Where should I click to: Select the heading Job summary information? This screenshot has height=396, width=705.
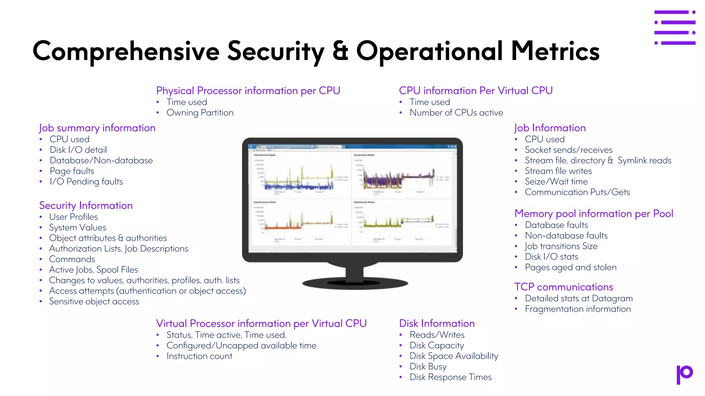click(x=97, y=128)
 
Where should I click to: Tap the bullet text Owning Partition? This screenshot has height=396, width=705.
click(x=200, y=113)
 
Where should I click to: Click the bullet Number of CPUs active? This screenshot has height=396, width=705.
click(x=456, y=113)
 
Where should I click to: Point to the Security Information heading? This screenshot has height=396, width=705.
click(x=86, y=206)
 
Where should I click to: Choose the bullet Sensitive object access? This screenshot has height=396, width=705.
click(x=94, y=301)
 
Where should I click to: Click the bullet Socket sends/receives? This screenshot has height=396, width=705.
click(x=568, y=150)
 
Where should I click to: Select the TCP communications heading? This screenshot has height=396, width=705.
click(x=564, y=287)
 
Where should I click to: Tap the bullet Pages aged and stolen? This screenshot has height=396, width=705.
click(x=570, y=267)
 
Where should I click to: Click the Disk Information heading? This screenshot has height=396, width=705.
click(x=437, y=323)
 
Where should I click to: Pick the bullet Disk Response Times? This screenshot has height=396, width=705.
click(x=450, y=377)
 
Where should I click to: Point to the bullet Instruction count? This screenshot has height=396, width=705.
click(x=199, y=356)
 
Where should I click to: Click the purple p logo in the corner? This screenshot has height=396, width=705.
click(x=684, y=374)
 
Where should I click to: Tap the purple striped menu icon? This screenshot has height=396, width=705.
click(x=675, y=27)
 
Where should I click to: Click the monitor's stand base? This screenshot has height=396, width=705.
click(x=355, y=283)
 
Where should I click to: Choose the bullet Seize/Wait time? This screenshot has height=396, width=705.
click(x=556, y=181)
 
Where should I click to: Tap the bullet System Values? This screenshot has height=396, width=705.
click(x=77, y=228)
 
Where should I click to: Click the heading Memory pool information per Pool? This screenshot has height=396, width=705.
click(x=593, y=214)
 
